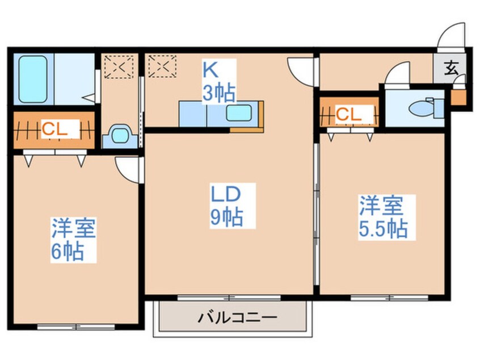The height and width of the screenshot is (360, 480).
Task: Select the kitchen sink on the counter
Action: [241, 112]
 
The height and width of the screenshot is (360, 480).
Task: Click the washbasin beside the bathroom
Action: [120, 135]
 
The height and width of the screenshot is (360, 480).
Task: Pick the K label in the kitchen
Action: [210, 70]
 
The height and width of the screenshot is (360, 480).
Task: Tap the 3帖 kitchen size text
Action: [218, 92]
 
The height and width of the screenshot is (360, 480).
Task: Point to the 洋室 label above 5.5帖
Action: [380, 205]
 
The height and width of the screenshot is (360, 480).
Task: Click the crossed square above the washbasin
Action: [119, 66]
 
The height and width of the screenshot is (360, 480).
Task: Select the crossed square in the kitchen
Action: [162, 66]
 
